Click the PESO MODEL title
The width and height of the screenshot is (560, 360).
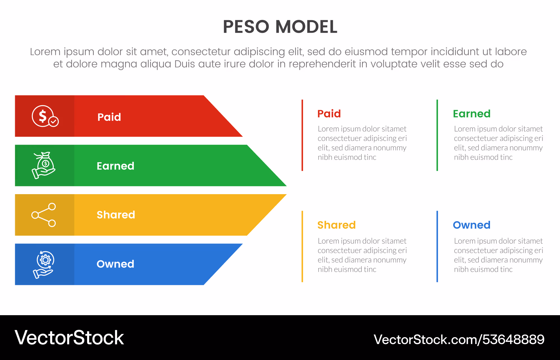280,27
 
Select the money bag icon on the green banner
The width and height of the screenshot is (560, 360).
44,165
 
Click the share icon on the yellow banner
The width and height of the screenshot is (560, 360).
44,215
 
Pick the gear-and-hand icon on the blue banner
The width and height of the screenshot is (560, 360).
44,264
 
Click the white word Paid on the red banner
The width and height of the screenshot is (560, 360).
109,117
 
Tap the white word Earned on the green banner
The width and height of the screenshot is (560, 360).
115,166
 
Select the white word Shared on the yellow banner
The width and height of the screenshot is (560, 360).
116,215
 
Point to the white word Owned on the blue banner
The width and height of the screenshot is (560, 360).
115,264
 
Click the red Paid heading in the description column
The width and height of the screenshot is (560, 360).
329,114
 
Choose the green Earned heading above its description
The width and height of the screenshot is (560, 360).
472,114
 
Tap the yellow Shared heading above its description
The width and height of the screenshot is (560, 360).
337,225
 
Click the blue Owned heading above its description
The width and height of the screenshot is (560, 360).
472,225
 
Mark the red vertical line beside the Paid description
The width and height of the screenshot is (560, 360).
302,135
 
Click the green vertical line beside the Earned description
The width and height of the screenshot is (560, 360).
437,135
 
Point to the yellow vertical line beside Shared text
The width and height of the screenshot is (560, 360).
302,246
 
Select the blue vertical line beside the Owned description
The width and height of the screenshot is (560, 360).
437,246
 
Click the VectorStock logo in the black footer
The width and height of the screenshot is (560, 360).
69,338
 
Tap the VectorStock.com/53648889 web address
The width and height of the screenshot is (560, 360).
459,340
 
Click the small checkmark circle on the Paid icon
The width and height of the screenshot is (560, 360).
53,122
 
